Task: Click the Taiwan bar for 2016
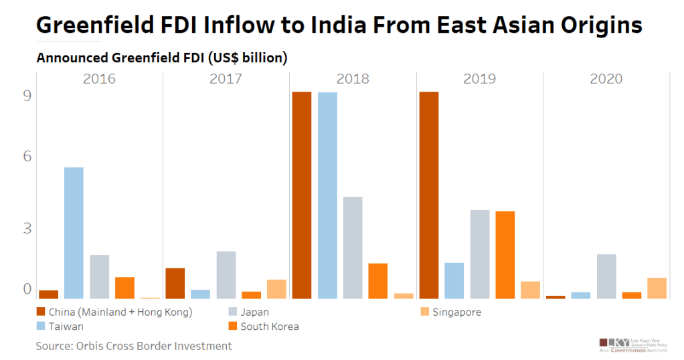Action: coord(74,233)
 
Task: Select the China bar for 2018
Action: coord(302,195)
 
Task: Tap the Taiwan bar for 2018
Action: coord(327,195)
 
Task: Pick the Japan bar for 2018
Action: coord(353,248)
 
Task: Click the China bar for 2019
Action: coord(428,195)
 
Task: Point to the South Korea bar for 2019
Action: coord(505,255)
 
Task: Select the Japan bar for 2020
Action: coord(606,276)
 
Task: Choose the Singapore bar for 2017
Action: coord(276,289)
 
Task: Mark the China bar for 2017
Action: coord(175,283)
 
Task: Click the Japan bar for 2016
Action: coord(99,276)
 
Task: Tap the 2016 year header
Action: coord(99,79)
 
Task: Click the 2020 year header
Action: coord(606,79)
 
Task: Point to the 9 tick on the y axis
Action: coord(27,96)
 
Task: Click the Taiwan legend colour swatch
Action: coord(41,327)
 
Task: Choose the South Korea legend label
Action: coord(269,327)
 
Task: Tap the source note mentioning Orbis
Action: coord(134,346)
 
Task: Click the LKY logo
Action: coord(613,342)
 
